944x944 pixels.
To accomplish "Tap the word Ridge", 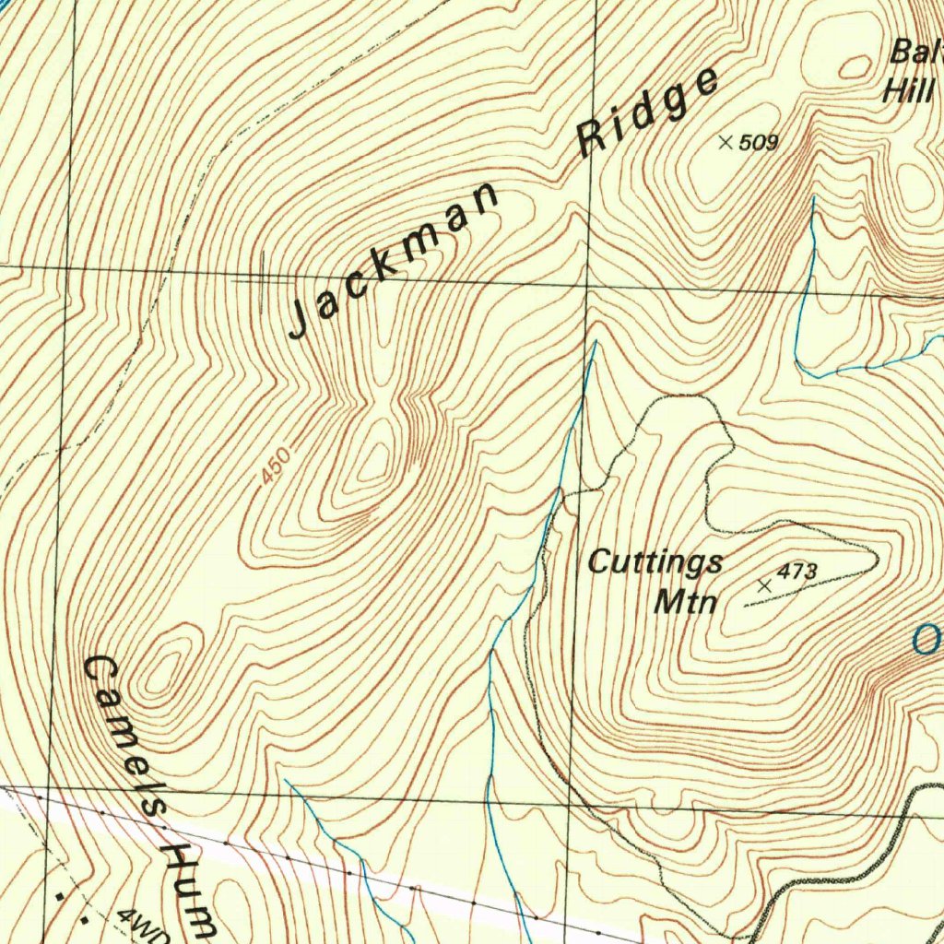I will coord(647,112).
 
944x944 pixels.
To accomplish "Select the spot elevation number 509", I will coord(759,143).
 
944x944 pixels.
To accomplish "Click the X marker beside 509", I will coord(726,142).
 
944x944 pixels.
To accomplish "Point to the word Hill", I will coord(907,90).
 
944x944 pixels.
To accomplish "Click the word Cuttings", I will coord(655,561).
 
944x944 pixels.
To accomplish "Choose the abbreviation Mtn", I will coord(685,602).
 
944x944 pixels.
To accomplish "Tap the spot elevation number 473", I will coord(796,572).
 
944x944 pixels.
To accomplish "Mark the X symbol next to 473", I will coord(764,585).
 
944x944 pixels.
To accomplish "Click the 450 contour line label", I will coord(275,465).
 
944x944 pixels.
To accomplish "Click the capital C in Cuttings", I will coord(600,560).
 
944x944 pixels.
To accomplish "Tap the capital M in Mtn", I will coord(667,601).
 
